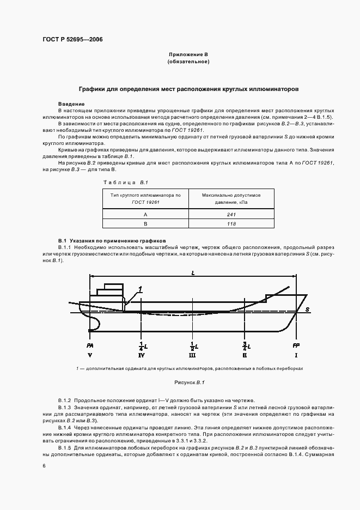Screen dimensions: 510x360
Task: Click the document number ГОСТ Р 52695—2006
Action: (x=72, y=40)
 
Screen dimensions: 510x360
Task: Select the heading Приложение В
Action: (x=188, y=56)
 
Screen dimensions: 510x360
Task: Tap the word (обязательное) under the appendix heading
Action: (x=188, y=62)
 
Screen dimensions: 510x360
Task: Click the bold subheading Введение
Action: (x=71, y=104)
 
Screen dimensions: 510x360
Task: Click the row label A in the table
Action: (x=145, y=215)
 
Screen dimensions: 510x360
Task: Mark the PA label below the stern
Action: (x=89, y=346)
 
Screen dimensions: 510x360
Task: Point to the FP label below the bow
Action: (x=296, y=346)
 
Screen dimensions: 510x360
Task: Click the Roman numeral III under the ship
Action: (x=193, y=356)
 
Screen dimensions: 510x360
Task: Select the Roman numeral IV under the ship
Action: (x=141, y=356)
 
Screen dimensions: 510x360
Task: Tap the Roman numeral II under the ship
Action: (x=245, y=356)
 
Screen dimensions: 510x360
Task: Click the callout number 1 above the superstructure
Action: (x=140, y=288)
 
